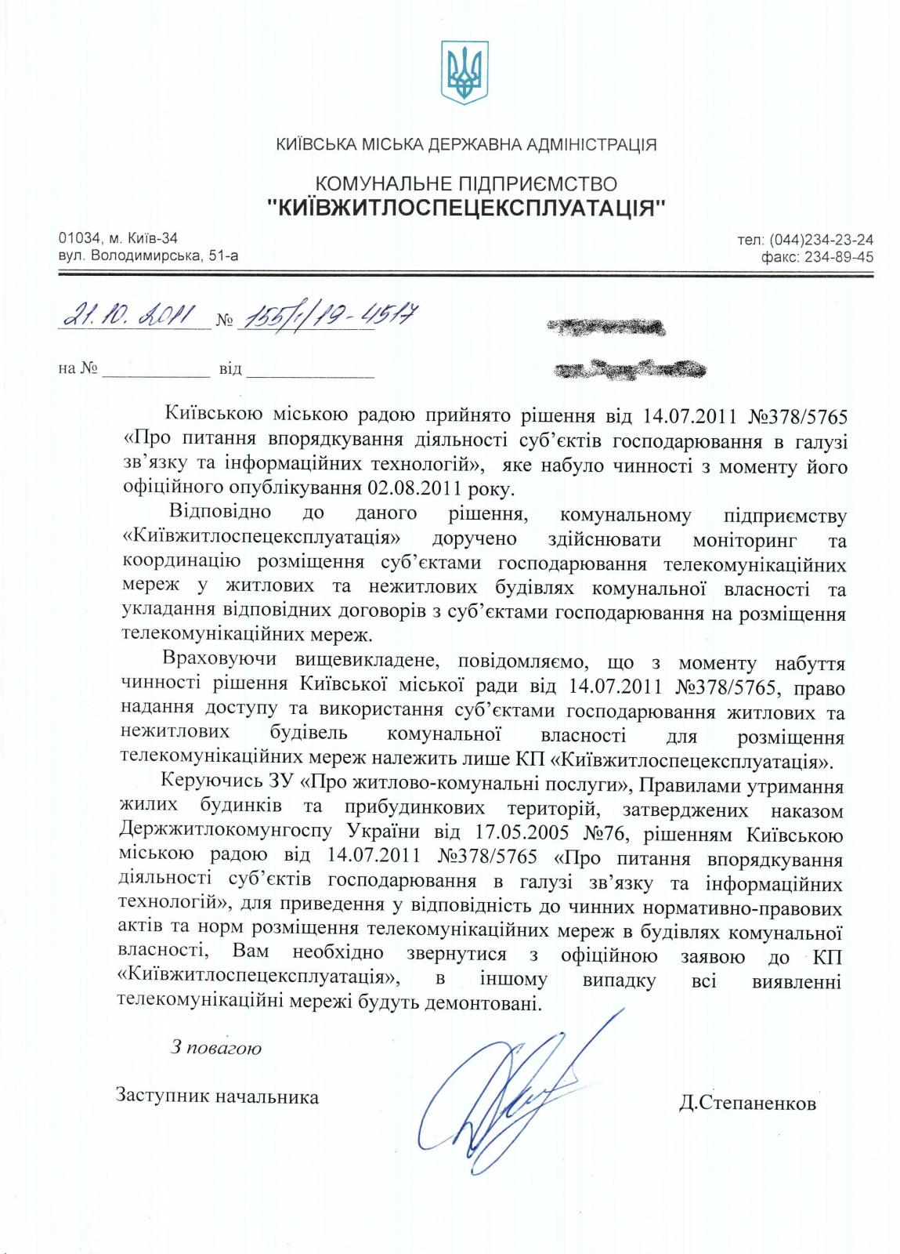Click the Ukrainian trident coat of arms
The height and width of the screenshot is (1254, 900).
[465, 72]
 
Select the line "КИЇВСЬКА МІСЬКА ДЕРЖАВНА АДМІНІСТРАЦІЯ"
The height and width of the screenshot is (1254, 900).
[466, 144]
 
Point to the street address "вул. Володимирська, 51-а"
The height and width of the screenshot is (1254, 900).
[149, 256]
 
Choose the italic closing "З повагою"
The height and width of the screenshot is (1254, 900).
[216, 1047]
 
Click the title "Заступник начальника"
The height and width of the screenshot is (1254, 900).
[217, 1096]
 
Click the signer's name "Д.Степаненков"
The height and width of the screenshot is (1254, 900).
[748, 1104]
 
